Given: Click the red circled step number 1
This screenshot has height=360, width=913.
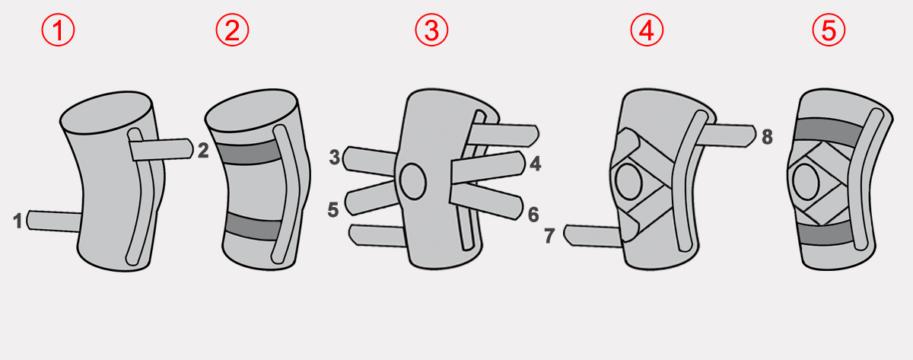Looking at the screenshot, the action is coord(58,30).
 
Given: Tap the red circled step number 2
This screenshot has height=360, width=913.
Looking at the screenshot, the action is coord(232,30).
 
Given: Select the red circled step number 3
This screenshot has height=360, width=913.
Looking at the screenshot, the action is coord(431,30).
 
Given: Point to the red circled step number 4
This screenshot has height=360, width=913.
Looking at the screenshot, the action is coord(647,30).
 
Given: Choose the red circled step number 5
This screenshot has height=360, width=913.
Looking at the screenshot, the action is coord(829,30).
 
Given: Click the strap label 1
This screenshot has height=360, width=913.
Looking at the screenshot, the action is coord(17,221).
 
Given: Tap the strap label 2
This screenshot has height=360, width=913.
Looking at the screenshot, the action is coord(203,151).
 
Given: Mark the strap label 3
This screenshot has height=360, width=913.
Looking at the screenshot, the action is coord(335,157).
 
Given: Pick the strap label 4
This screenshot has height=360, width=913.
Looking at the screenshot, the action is coord(535,164).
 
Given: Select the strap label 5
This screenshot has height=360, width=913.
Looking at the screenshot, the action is coord(333,209).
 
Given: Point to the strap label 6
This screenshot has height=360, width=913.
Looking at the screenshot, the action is coord(533,215).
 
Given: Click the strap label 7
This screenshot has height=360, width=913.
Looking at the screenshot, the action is coord(549,236).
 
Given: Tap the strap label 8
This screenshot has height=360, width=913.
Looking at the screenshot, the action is coord(767,137).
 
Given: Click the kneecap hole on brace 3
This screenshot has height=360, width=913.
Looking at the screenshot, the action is coord(413,181).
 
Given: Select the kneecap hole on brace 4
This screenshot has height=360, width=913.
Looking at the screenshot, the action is coord(629,182).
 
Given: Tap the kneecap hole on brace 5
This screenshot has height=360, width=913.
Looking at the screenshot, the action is coord(806,182).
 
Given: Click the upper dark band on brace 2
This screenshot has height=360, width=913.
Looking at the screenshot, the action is coord(249,153).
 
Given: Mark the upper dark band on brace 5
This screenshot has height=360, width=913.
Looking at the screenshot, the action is coord(829,132).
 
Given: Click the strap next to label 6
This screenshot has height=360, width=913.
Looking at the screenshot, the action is coord(486,201).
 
